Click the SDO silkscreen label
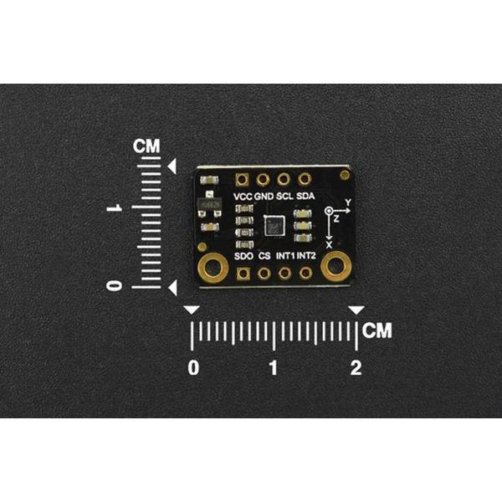(243, 255)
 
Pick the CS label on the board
(264, 255)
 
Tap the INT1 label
(285, 255)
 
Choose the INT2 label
(306, 255)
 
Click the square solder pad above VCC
(243, 179)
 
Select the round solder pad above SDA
(305, 179)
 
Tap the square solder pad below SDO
(243, 273)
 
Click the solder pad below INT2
(306, 273)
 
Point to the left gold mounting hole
(213, 268)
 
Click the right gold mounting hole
(336, 268)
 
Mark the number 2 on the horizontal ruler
(356, 367)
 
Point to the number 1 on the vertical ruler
(115, 207)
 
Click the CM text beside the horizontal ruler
(377, 330)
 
